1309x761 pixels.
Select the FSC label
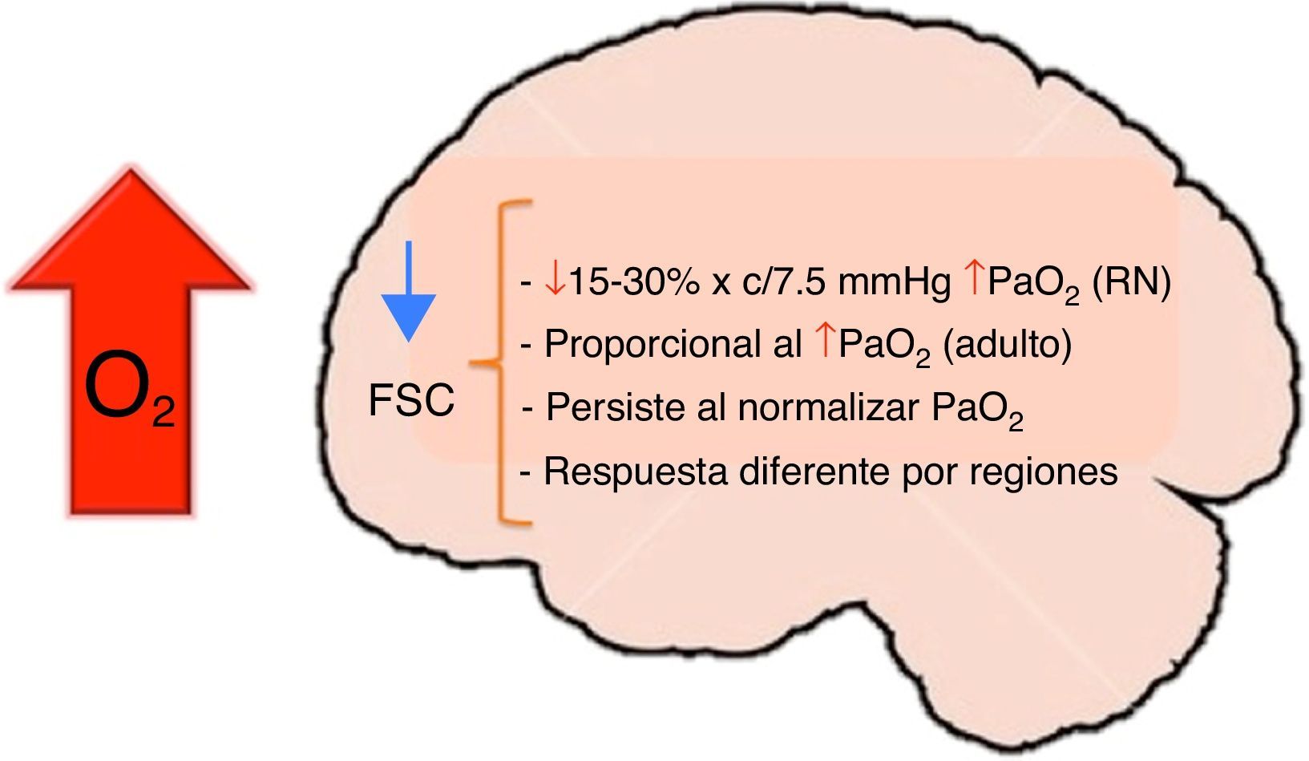pyautogui.click(x=411, y=400)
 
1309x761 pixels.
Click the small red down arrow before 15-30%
pyautogui.click(x=554, y=281)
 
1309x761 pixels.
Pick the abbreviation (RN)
pyautogui.click(x=1131, y=282)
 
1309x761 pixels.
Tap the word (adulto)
pyautogui.click(x=1007, y=346)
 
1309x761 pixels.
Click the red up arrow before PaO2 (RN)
pyautogui.click(x=972, y=281)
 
